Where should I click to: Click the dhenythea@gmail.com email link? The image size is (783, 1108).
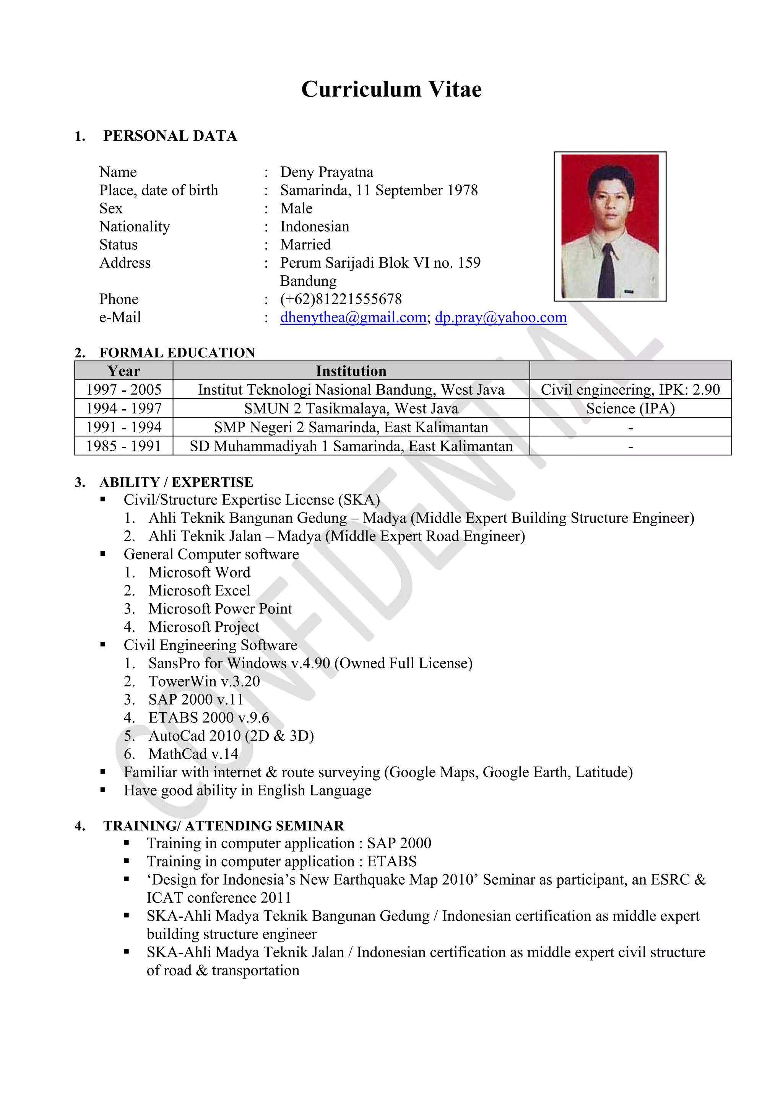[x=353, y=317]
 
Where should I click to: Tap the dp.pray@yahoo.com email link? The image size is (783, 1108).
[x=500, y=317]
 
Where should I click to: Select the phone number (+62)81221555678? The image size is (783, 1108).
[x=341, y=299]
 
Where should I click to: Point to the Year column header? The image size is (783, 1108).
[x=123, y=371]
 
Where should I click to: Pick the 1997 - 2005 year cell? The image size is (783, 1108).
[x=123, y=389]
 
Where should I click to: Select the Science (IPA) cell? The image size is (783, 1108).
[x=630, y=408]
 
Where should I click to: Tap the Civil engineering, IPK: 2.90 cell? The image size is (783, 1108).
[x=630, y=389]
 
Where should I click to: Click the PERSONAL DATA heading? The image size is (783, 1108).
[x=170, y=136]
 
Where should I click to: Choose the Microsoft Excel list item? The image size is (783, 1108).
[x=199, y=591]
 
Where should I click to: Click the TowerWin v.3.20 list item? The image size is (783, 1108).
[x=204, y=682]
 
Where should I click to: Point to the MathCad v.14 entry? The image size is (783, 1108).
[x=193, y=754]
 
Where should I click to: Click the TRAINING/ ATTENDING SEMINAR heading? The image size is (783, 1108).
[x=223, y=826]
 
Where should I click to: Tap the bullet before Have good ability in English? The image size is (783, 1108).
[x=103, y=790]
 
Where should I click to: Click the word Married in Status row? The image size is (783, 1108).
[x=305, y=245]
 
